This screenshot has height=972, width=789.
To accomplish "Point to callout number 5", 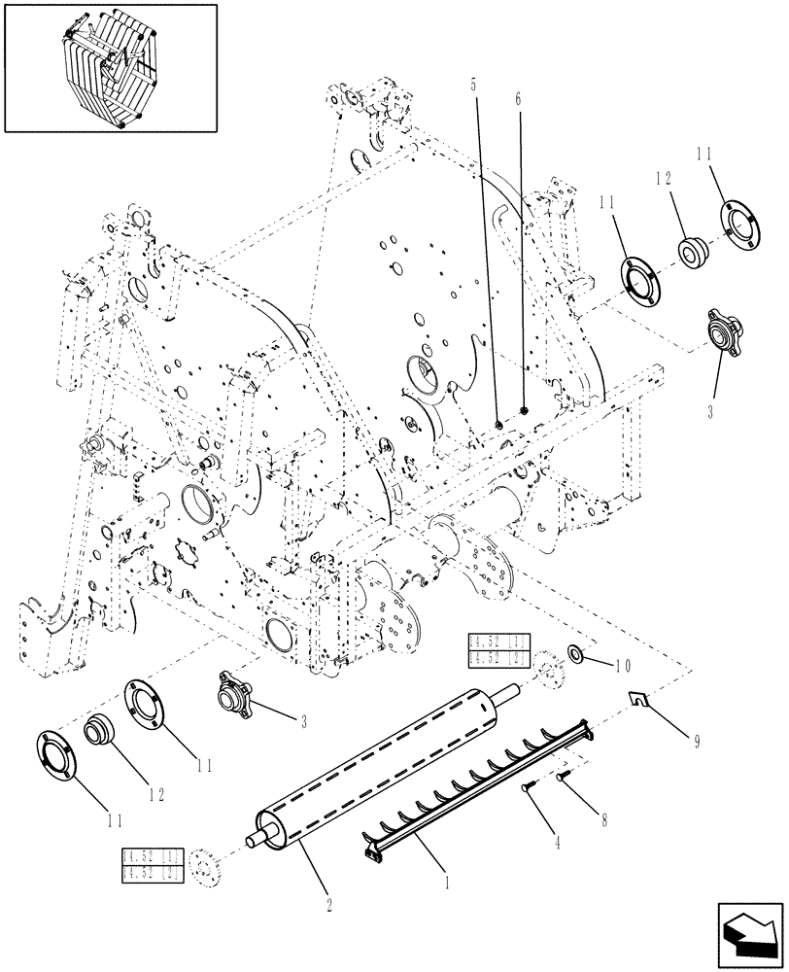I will (474, 85).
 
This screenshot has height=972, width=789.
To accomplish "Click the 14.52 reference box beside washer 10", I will (497, 650).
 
